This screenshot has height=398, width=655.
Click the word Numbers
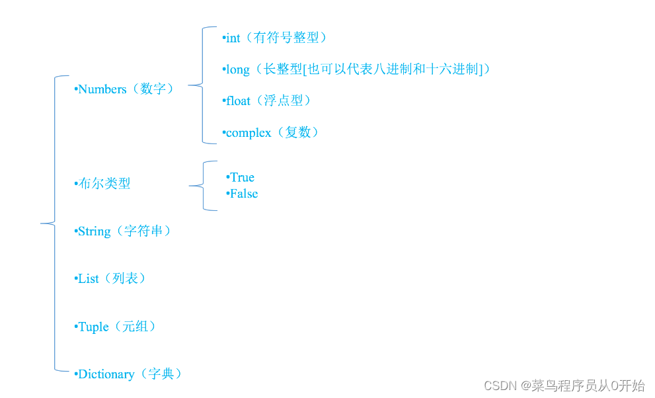pos(102,89)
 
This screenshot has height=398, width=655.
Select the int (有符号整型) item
pos(274,38)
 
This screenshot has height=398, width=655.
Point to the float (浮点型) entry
pos(267,101)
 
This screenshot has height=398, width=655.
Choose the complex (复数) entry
pos(272,133)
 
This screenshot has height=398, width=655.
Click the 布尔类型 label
pos(104,184)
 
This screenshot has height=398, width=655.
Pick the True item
pos(241,177)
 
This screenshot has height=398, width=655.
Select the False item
pos(243,194)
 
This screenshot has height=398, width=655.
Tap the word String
pos(94,231)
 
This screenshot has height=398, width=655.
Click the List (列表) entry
pos(110,279)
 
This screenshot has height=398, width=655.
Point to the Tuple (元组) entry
pos(116,327)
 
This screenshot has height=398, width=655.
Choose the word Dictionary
pos(106,374)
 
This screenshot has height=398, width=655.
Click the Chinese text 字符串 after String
pos(143,231)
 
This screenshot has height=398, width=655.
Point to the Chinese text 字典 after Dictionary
pos(161,374)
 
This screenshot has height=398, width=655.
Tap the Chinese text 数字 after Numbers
pos(153,89)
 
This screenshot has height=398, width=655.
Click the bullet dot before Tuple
pos(76,327)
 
